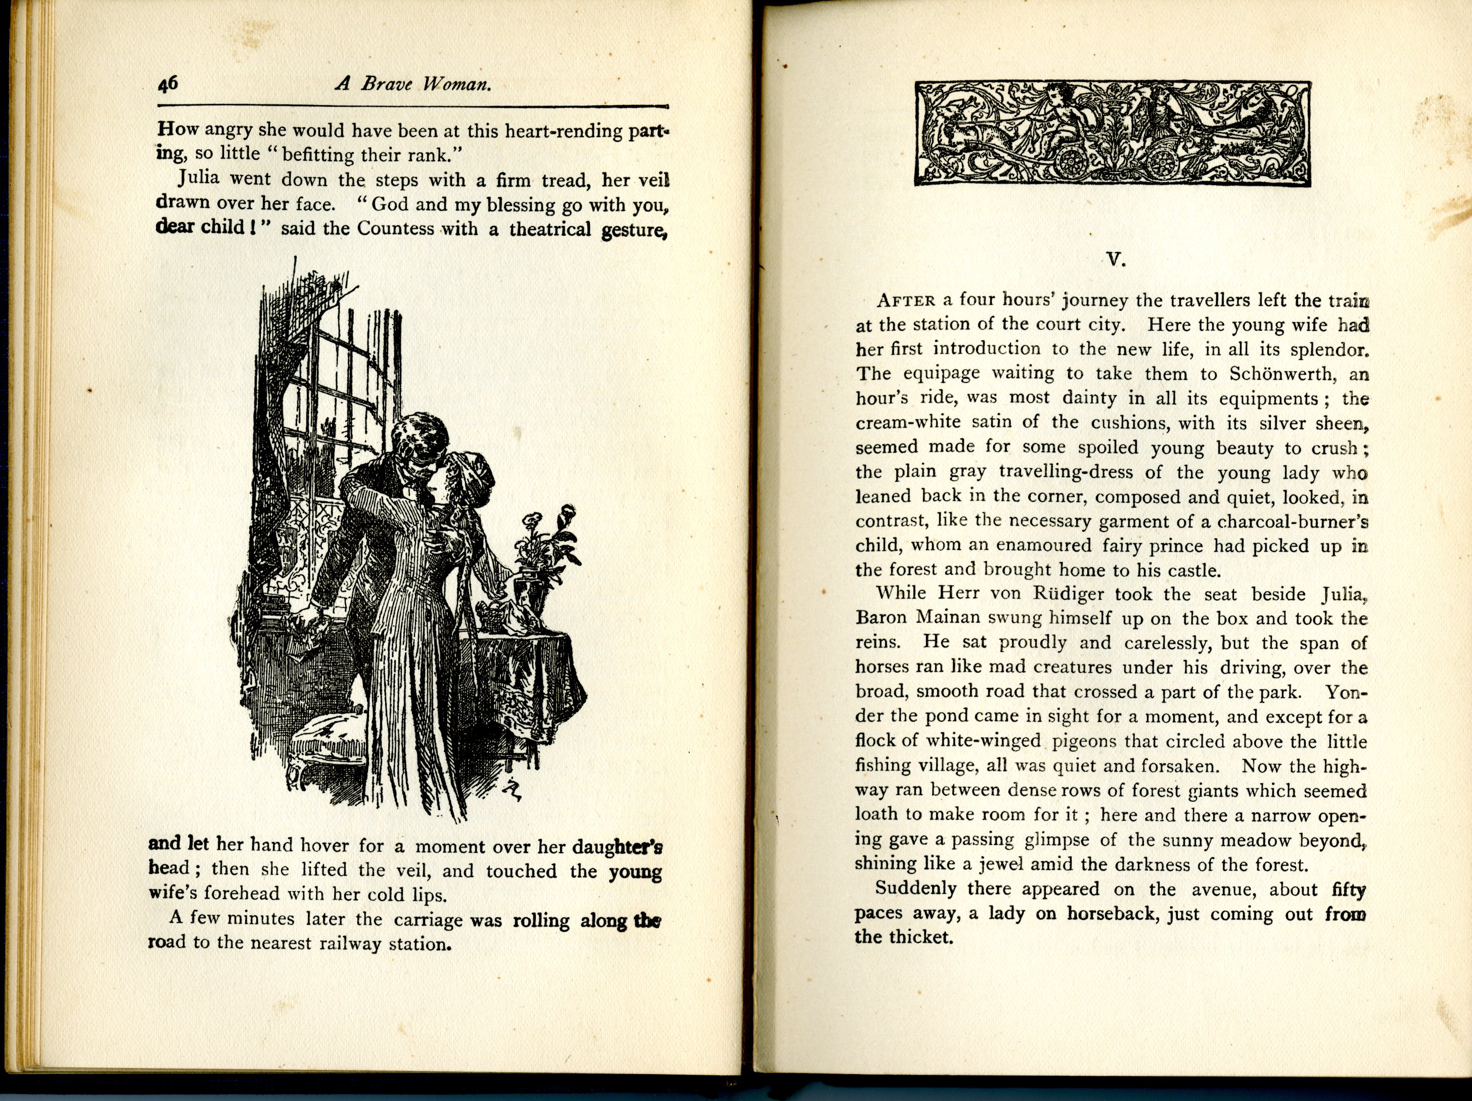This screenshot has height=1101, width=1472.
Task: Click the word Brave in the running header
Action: click(386, 84)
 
